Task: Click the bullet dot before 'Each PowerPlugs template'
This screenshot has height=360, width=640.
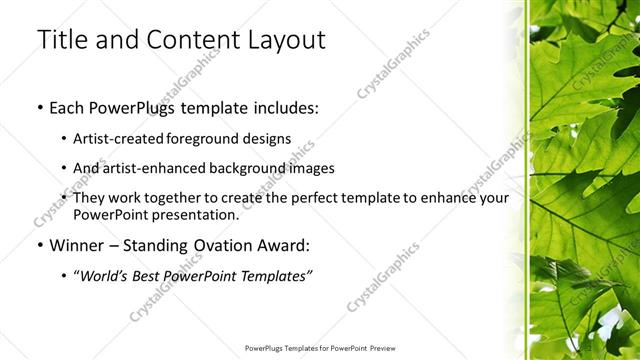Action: pyautogui.click(x=39, y=107)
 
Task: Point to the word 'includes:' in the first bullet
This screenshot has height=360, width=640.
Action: pyautogui.click(x=285, y=107)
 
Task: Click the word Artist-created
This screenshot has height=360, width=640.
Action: pyautogui.click(x=113, y=138)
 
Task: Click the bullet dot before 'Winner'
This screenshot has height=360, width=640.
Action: pyautogui.click(x=39, y=245)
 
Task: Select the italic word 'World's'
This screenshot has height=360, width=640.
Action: pyautogui.click(x=103, y=275)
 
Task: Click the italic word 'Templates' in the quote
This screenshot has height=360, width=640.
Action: pyautogui.click(x=278, y=275)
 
